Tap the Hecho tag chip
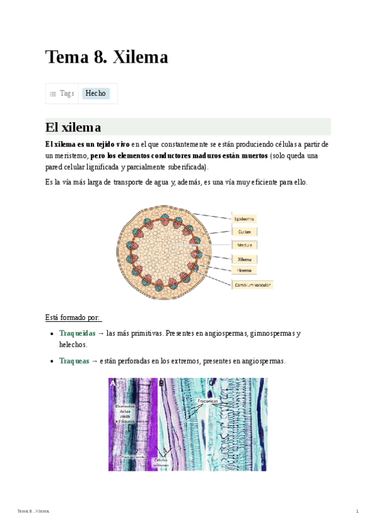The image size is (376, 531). point(95,93)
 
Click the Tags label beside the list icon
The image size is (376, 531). point(66,93)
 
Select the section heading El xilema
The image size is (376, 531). point(73,127)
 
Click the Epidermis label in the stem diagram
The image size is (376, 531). point(244,219)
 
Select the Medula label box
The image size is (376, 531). point(244,245)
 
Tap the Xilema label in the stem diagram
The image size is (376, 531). point(244,259)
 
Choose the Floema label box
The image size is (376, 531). point(244,271)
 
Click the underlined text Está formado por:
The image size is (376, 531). point(73,317)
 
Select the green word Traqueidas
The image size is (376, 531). point(77,333)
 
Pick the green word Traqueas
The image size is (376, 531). point(74,361)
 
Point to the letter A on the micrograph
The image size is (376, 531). point(113,383)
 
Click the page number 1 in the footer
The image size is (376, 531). point(357,512)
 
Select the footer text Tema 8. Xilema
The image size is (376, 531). point(33,512)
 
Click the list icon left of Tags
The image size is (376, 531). point(53,93)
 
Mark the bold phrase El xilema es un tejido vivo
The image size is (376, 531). point(87,144)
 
